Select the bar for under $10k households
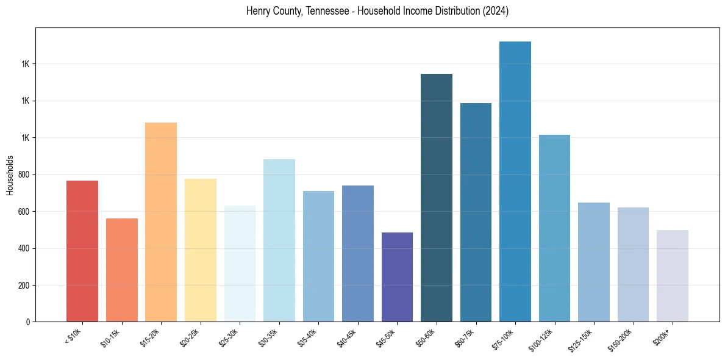tap(82, 251)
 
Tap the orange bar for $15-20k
tap(161, 222)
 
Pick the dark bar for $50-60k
tap(437, 198)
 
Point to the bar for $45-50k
tap(397, 277)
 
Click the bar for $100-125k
tap(554, 228)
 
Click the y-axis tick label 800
tap(23, 175)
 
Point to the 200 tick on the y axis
tap(23, 285)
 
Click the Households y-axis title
tap(10, 175)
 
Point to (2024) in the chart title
tap(493, 11)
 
